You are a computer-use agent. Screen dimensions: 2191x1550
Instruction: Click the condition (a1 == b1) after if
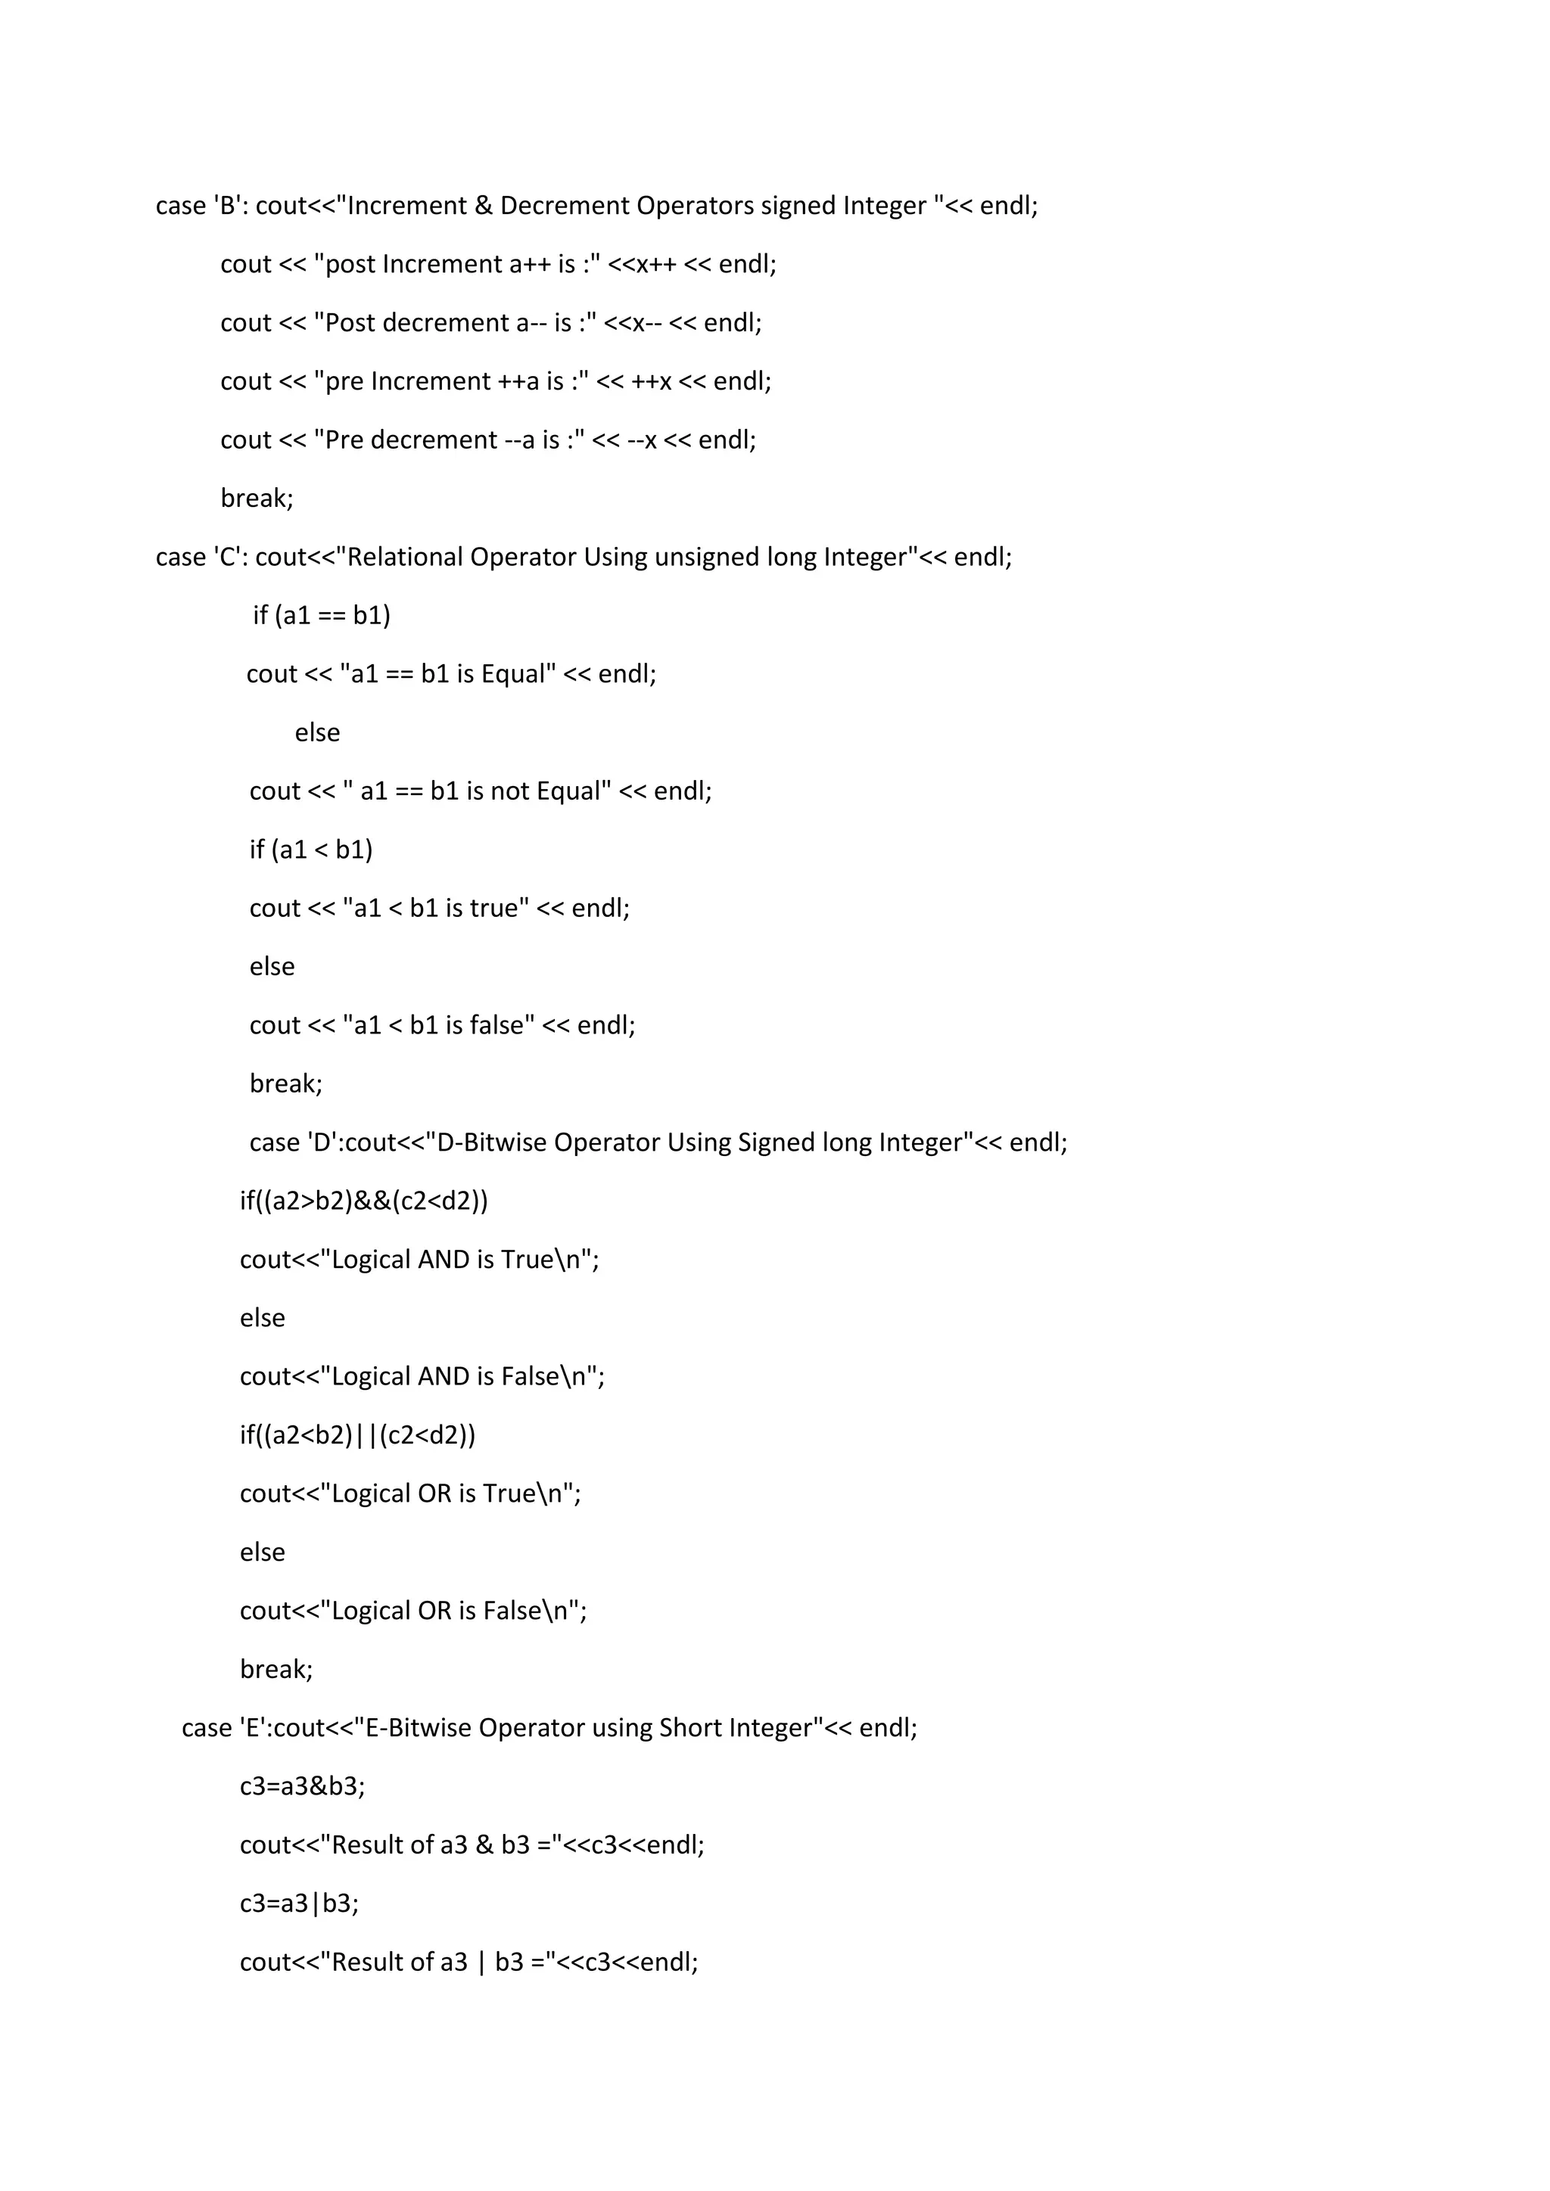tap(333, 616)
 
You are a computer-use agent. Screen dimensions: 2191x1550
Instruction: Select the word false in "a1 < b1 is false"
tap(502, 1026)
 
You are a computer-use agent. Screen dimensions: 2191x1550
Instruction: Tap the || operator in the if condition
tap(366, 1435)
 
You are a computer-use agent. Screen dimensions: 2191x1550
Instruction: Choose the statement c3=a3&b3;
tap(303, 1786)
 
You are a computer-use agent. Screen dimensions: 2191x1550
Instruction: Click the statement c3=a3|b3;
tap(300, 1904)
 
